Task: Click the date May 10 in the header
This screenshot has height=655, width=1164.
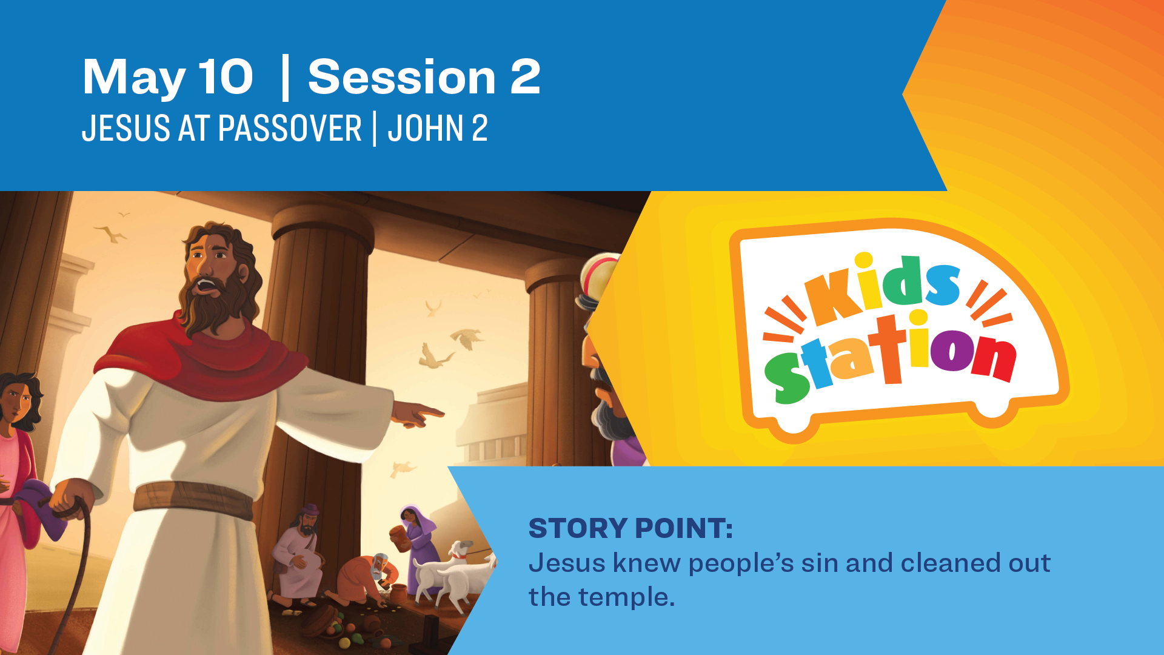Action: coord(167,78)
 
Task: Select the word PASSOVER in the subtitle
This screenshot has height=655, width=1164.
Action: coord(290,128)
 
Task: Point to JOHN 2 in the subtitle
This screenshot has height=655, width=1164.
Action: coord(438,128)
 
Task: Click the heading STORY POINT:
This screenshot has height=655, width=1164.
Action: coord(630,528)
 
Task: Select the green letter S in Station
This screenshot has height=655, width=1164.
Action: coord(786,377)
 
